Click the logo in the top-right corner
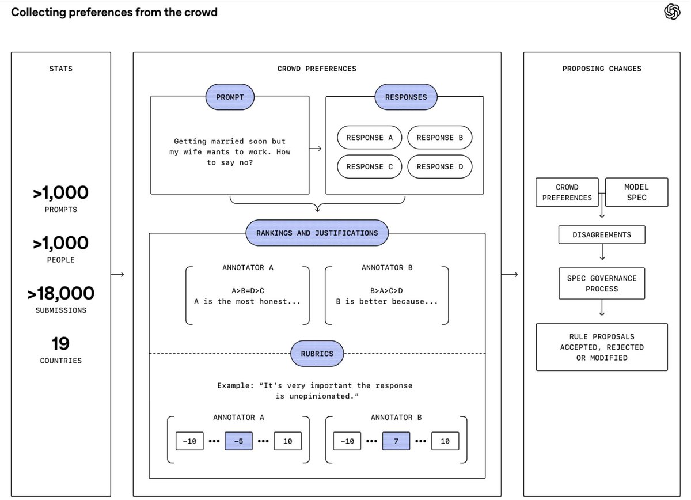tap(672, 12)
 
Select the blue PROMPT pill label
tap(230, 97)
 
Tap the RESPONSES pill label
tap(405, 97)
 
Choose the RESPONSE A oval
tap(369, 137)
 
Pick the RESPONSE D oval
tap(439, 166)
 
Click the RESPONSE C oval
tap(369, 166)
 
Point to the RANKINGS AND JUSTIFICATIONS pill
tap(317, 233)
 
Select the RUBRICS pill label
tap(317, 354)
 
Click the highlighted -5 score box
tap(238, 441)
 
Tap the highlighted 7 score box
tap(396, 441)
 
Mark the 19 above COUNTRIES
tap(60, 343)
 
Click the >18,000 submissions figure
tap(61, 293)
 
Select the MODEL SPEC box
tap(637, 192)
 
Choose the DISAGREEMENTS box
tap(602, 235)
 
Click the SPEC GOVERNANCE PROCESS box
tap(602, 283)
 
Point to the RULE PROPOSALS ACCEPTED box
tap(602, 347)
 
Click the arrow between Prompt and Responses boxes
tap(316, 149)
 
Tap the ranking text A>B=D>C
tap(248, 291)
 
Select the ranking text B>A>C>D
tap(386, 291)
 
